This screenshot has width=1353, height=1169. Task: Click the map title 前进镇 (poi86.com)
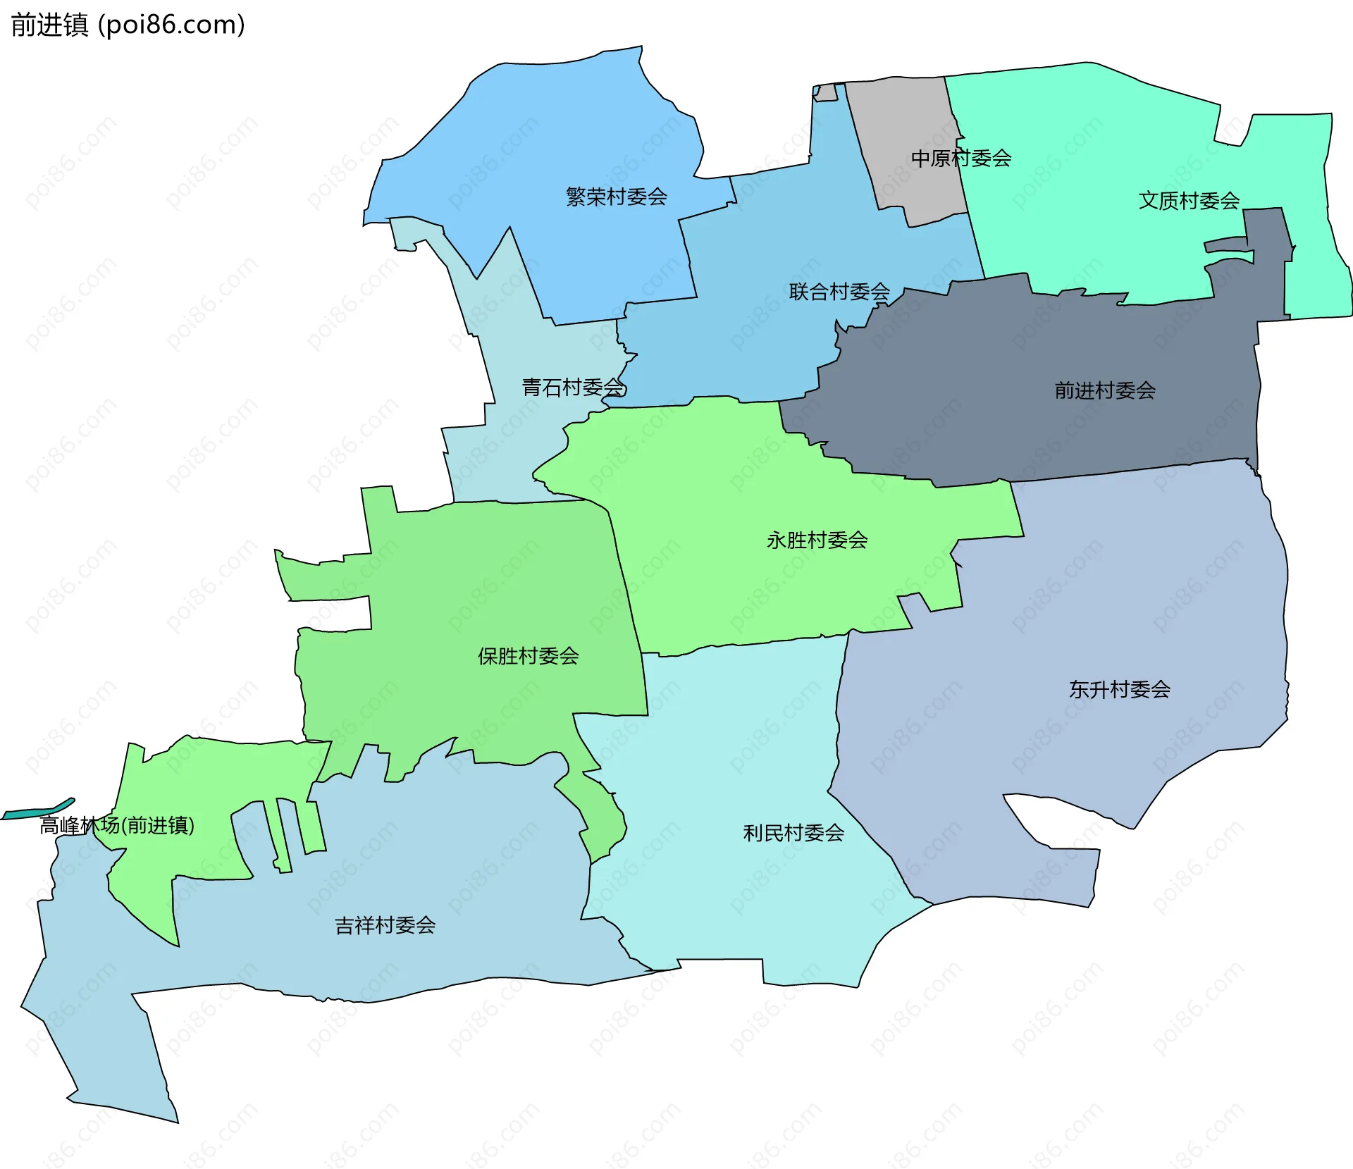click(x=128, y=25)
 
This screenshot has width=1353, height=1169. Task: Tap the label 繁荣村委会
click(x=616, y=197)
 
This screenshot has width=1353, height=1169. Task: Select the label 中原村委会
click(x=960, y=159)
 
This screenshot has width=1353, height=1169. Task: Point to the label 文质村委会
click(x=1189, y=201)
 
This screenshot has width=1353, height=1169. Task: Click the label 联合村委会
click(x=839, y=292)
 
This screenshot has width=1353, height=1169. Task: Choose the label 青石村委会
click(x=573, y=388)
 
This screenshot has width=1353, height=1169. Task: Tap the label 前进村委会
click(x=1104, y=390)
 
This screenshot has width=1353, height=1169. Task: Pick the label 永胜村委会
click(x=817, y=540)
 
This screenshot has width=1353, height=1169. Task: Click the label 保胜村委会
click(x=528, y=657)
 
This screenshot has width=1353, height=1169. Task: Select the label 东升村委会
click(x=1119, y=689)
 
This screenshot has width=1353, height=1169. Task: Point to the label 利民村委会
click(x=793, y=834)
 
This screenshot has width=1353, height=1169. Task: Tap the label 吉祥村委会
click(x=385, y=925)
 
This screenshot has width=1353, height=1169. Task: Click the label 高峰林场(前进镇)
click(x=117, y=825)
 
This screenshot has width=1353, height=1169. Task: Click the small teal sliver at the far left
click(x=39, y=812)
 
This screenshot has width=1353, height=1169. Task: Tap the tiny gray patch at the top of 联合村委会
click(x=825, y=93)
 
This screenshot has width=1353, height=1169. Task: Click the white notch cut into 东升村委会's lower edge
click(x=1036, y=817)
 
